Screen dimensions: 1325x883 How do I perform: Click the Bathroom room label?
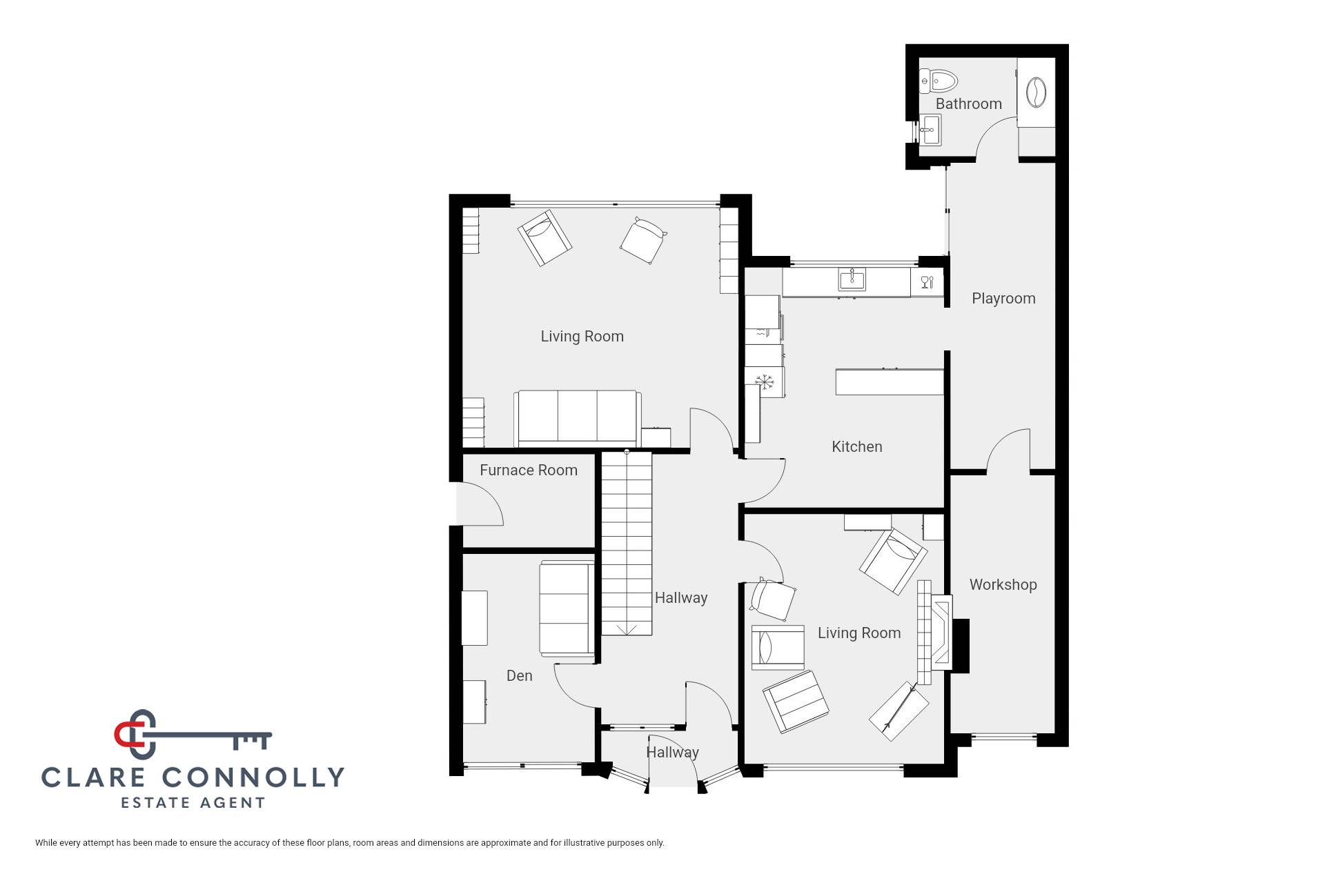pos(968,104)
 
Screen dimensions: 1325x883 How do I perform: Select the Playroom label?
pos(1003,299)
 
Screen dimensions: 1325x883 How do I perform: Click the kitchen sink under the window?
pos(853,279)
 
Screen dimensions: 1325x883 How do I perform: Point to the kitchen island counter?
pos(890,381)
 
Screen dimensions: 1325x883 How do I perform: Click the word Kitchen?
pos(857,446)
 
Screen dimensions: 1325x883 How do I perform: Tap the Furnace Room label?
pos(529,470)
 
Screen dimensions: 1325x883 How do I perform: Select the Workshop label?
pos(1003,584)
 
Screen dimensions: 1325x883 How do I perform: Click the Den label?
pos(520,675)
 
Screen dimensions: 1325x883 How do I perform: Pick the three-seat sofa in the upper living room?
pos(578,418)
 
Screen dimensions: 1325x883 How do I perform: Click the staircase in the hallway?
pos(627,544)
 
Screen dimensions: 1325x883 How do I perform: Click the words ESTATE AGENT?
pos(193,803)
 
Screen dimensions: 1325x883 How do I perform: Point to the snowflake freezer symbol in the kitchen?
pos(764,381)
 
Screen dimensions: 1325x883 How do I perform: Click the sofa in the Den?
pos(567,609)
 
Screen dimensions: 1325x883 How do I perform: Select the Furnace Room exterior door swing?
pos(480,504)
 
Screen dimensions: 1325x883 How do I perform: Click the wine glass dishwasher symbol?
pos(927,281)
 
